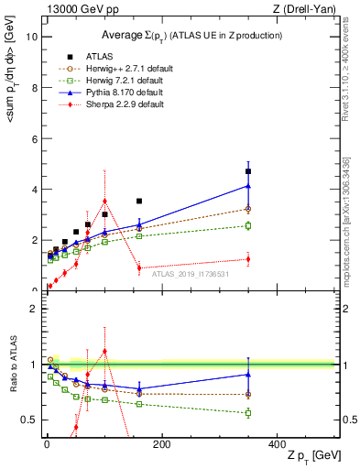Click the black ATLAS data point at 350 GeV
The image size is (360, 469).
(248, 171)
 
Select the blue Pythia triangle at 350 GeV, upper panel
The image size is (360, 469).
(248, 185)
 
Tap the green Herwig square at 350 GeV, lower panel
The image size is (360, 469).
(248, 413)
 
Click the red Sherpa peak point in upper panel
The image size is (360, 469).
(104, 201)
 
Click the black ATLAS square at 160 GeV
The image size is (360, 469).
(139, 201)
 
